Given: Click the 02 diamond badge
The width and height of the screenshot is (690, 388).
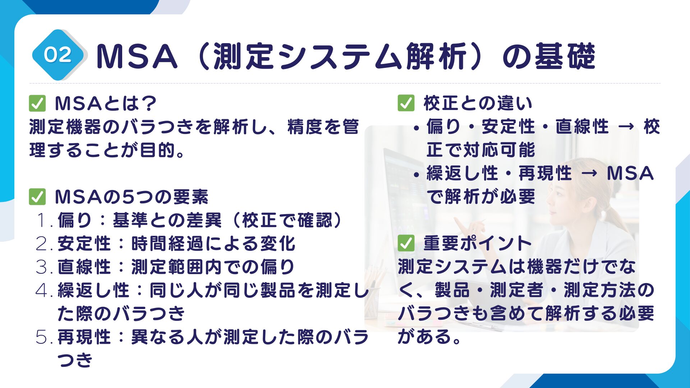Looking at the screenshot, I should (x=58, y=55).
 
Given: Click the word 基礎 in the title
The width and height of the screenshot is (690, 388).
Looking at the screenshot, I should (x=565, y=56).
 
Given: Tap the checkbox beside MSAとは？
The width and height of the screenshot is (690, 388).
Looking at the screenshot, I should (x=37, y=103).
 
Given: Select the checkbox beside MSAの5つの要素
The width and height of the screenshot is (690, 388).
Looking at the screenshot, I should (x=37, y=197).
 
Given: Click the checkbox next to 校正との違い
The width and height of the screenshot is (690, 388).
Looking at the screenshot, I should (x=406, y=103).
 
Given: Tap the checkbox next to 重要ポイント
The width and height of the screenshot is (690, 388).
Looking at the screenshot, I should (x=406, y=244).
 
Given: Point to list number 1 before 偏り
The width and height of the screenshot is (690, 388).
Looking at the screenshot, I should (x=44, y=221).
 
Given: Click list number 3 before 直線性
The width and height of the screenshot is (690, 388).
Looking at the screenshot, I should (x=44, y=267).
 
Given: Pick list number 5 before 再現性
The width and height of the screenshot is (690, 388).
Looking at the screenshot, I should (x=44, y=337).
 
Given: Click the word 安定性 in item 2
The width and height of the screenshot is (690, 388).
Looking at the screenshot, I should (x=84, y=244).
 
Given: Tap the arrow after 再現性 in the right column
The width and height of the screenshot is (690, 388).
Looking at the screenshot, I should (x=589, y=174).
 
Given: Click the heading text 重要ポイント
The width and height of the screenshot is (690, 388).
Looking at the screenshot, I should (x=477, y=244).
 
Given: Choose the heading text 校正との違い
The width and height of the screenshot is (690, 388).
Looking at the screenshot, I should (x=477, y=103).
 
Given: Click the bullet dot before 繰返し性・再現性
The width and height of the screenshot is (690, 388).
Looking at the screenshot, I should (x=417, y=175).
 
